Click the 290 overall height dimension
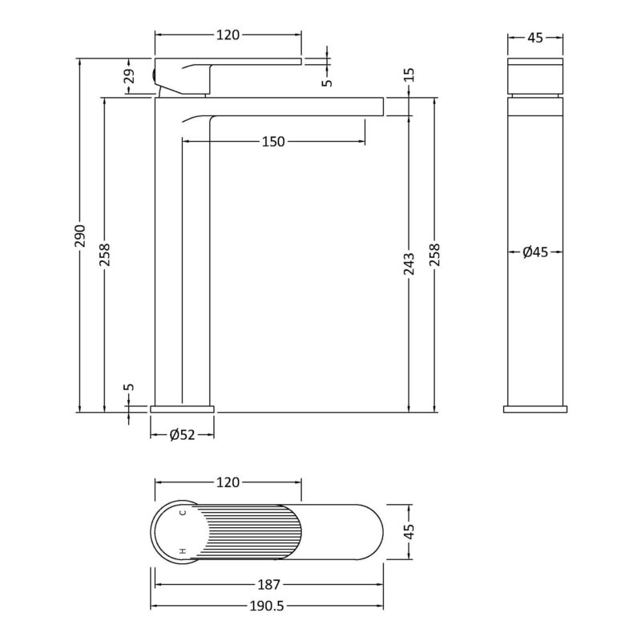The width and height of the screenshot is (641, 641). click(80, 236)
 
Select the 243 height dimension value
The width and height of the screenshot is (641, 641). click(409, 264)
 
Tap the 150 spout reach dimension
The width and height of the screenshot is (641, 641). click(273, 142)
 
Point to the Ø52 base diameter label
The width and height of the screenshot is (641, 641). click(183, 435)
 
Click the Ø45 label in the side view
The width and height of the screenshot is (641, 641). click(535, 252)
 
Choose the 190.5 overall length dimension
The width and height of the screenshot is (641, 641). click(267, 606)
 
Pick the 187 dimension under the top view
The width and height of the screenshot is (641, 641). click(268, 585)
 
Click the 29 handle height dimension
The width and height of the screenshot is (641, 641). click(130, 75)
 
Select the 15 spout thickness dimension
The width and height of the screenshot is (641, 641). click(409, 75)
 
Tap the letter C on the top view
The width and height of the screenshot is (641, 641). click(183, 512)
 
